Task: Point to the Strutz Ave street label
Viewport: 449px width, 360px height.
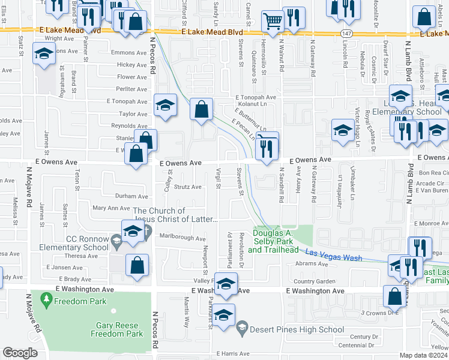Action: pos(188,187)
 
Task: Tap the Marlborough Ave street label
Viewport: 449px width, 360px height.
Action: pos(182,238)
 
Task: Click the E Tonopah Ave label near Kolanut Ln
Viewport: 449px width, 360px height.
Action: pos(255,97)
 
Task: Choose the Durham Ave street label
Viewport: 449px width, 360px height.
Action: pos(131,196)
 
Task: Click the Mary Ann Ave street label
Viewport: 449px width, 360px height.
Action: pos(111,208)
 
